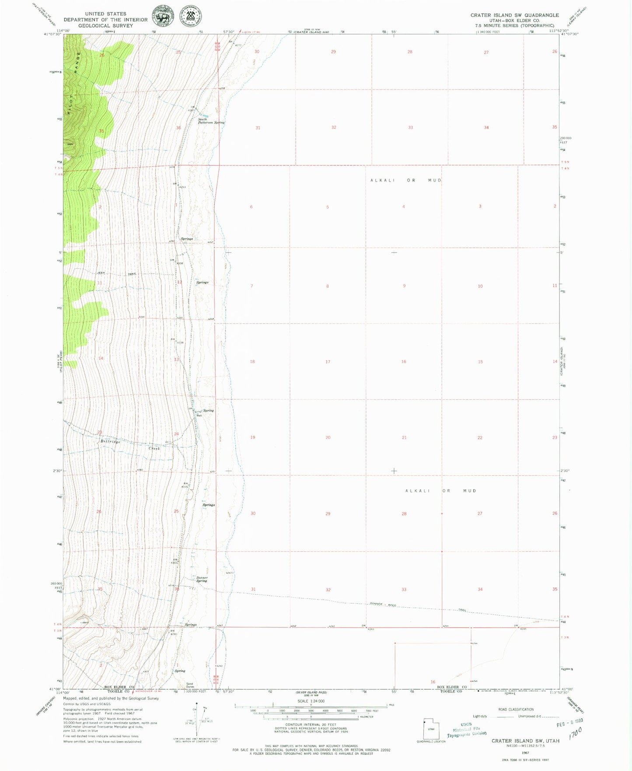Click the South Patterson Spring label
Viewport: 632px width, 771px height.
211,121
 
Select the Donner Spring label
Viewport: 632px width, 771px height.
202,579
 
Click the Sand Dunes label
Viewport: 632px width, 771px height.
190,685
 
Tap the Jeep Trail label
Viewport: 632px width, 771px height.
116,273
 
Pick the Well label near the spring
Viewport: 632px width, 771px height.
199,415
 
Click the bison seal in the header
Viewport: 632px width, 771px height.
163,17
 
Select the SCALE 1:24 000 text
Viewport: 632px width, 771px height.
311,701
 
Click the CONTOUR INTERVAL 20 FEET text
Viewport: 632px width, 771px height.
311,724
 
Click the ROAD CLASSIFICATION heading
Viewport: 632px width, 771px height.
516,709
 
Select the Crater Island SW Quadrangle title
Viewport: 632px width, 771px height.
514,15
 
